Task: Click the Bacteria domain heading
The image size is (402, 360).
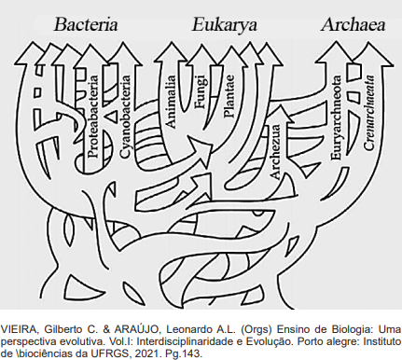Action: (86, 25)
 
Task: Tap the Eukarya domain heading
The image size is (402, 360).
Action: (224, 25)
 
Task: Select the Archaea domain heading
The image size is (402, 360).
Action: (353, 25)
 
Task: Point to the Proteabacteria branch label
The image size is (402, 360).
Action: (93, 117)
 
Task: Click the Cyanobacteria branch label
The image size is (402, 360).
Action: (125, 117)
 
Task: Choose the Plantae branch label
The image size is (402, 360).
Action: (228, 97)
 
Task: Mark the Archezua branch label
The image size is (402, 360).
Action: (275, 151)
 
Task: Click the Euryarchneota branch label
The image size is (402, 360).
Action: (337, 118)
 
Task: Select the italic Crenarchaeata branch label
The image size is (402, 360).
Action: (368, 113)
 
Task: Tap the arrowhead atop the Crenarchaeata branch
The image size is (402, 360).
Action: (371, 53)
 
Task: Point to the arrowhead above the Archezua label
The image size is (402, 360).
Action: (281, 114)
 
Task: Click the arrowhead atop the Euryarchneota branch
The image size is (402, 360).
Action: (335, 53)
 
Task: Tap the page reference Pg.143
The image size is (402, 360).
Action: (189, 354)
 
